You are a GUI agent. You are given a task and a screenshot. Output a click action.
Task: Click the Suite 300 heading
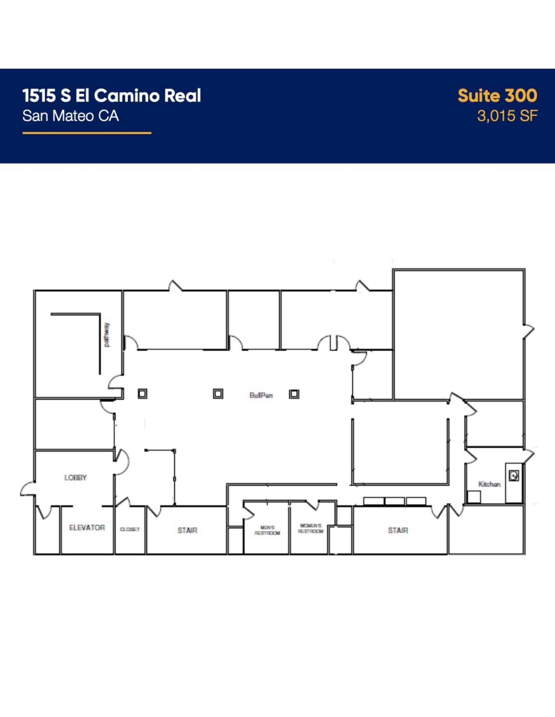pyautogui.click(x=497, y=96)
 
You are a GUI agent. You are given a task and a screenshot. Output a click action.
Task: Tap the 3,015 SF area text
pyautogui.click(x=507, y=116)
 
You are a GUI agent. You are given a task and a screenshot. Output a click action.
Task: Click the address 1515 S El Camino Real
pyautogui.click(x=111, y=96)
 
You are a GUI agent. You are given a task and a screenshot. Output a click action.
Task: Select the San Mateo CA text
pyautogui.click(x=70, y=116)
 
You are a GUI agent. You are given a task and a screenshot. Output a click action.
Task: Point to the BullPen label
pyautogui.click(x=261, y=395)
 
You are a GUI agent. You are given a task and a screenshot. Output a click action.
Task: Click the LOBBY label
pyautogui.click(x=75, y=478)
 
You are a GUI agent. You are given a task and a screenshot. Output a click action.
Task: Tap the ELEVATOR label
pyautogui.click(x=87, y=528)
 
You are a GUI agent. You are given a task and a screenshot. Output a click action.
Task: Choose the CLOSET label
pyautogui.click(x=130, y=529)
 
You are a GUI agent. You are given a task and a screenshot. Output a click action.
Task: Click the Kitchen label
pyautogui.click(x=489, y=484)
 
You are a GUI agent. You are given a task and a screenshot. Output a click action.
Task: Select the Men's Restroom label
pyautogui.click(x=267, y=530)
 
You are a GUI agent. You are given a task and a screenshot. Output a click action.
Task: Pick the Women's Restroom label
pyautogui.click(x=311, y=528)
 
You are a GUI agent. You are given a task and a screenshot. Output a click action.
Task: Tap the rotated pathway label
pyautogui.click(x=107, y=335)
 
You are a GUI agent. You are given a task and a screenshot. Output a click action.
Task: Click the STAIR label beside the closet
pyautogui.click(x=187, y=530)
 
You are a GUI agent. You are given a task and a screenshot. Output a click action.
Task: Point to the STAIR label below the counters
pyautogui.click(x=398, y=530)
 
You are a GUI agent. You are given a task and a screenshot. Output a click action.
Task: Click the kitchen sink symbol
pyautogui.click(x=514, y=476)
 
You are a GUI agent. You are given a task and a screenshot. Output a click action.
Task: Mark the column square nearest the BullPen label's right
pyautogui.click(x=294, y=394)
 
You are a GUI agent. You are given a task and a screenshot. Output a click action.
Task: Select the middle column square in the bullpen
pyautogui.click(x=218, y=394)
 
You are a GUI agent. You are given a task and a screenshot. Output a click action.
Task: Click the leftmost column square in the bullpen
pyautogui.click(x=142, y=394)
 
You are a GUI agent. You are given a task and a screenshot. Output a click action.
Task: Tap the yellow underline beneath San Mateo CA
pyautogui.click(x=87, y=133)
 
